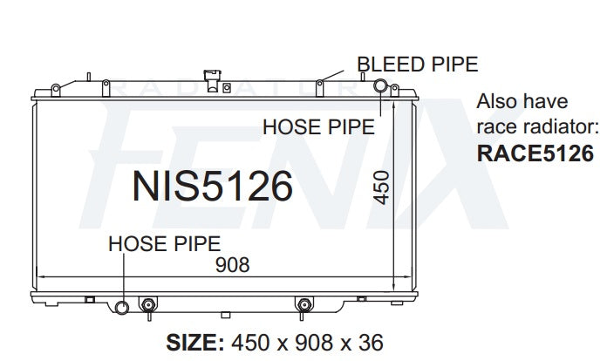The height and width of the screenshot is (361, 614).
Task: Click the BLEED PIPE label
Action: click(417, 64)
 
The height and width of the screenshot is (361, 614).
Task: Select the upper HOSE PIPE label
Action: click(318, 127)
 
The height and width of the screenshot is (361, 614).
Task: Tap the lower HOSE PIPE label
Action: click(164, 243)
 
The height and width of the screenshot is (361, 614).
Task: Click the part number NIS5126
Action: click(211, 186)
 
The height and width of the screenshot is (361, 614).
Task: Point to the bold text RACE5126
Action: click(536, 153)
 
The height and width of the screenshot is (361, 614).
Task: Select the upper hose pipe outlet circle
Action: click(381, 85)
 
